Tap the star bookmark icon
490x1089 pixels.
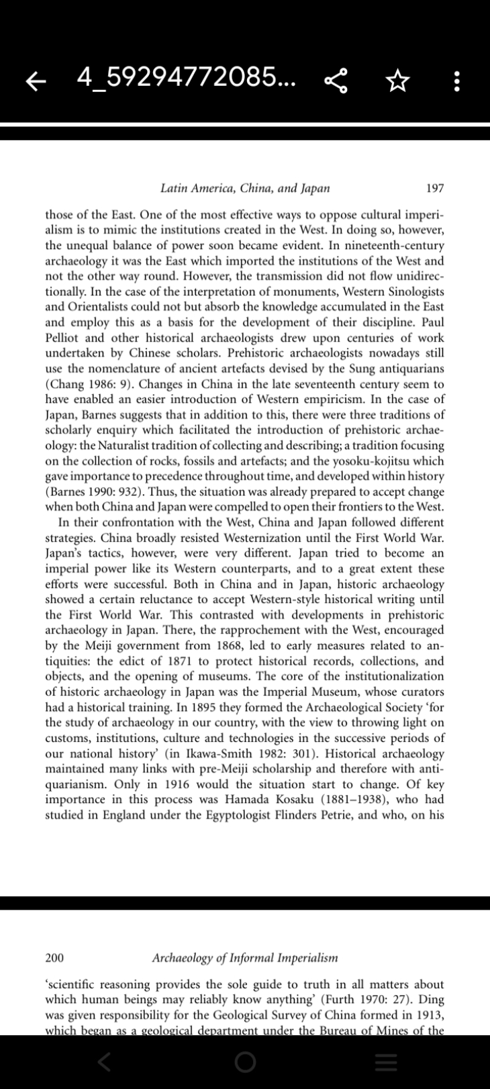tap(397, 81)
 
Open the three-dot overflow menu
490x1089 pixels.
tap(456, 81)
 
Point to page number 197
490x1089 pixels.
tap(435, 188)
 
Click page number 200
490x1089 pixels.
tap(55, 957)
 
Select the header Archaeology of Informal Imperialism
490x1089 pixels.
tap(245, 957)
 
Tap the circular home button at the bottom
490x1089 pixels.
tap(245, 1062)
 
